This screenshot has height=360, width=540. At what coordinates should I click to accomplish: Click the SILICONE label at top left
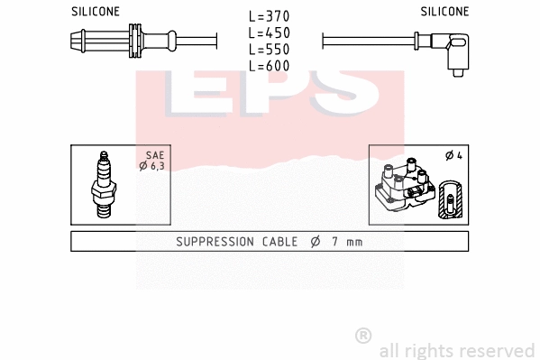coord(95,12)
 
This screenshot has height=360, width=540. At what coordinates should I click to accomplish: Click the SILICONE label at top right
coord(444,12)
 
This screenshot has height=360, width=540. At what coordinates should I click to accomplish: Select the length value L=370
coord(270,17)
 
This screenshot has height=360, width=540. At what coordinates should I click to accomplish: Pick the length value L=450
coord(270,33)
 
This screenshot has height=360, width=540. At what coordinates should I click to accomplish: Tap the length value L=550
coord(270,50)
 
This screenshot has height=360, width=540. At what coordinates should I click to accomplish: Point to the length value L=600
coord(270,66)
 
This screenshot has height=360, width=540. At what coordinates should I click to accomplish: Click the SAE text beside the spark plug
coord(154,155)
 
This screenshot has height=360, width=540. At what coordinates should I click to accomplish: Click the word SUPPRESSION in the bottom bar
coord(212,242)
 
